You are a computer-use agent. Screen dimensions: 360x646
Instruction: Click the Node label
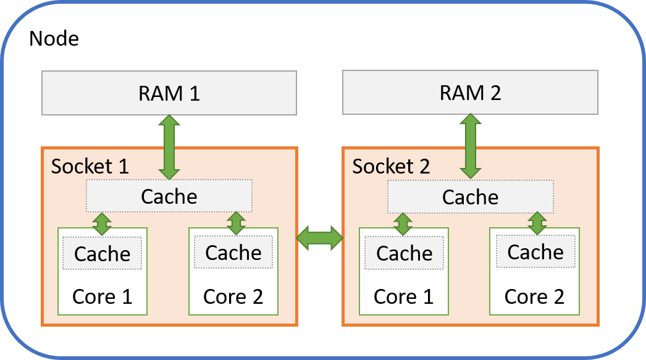54,39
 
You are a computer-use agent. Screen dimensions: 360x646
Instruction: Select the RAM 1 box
169,93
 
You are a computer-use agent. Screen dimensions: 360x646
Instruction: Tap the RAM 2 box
470,93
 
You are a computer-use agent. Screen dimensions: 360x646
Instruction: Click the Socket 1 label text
90,166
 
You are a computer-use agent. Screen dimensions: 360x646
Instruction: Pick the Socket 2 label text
391,166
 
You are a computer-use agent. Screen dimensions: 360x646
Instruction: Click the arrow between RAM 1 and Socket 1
169,147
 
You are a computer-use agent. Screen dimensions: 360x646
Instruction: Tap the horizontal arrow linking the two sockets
319,237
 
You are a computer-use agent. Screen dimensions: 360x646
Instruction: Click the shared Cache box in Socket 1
169,196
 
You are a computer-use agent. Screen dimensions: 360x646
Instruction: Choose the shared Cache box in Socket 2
470,196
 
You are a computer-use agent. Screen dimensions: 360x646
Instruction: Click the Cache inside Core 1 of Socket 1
103,253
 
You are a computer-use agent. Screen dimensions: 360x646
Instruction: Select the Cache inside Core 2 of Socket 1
233,252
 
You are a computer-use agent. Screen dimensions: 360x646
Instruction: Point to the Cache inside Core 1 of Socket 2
404,253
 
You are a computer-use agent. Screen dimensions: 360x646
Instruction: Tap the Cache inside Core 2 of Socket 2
535,251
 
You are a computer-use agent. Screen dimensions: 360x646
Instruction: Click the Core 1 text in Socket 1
103,296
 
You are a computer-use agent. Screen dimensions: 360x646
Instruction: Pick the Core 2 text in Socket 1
233,296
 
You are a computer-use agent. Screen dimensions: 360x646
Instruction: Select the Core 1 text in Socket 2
404,296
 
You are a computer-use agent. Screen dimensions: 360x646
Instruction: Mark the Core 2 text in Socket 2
534,296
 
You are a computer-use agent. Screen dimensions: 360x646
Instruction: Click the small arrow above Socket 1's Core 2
236,224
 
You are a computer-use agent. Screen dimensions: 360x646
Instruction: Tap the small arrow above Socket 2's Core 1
403,224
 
